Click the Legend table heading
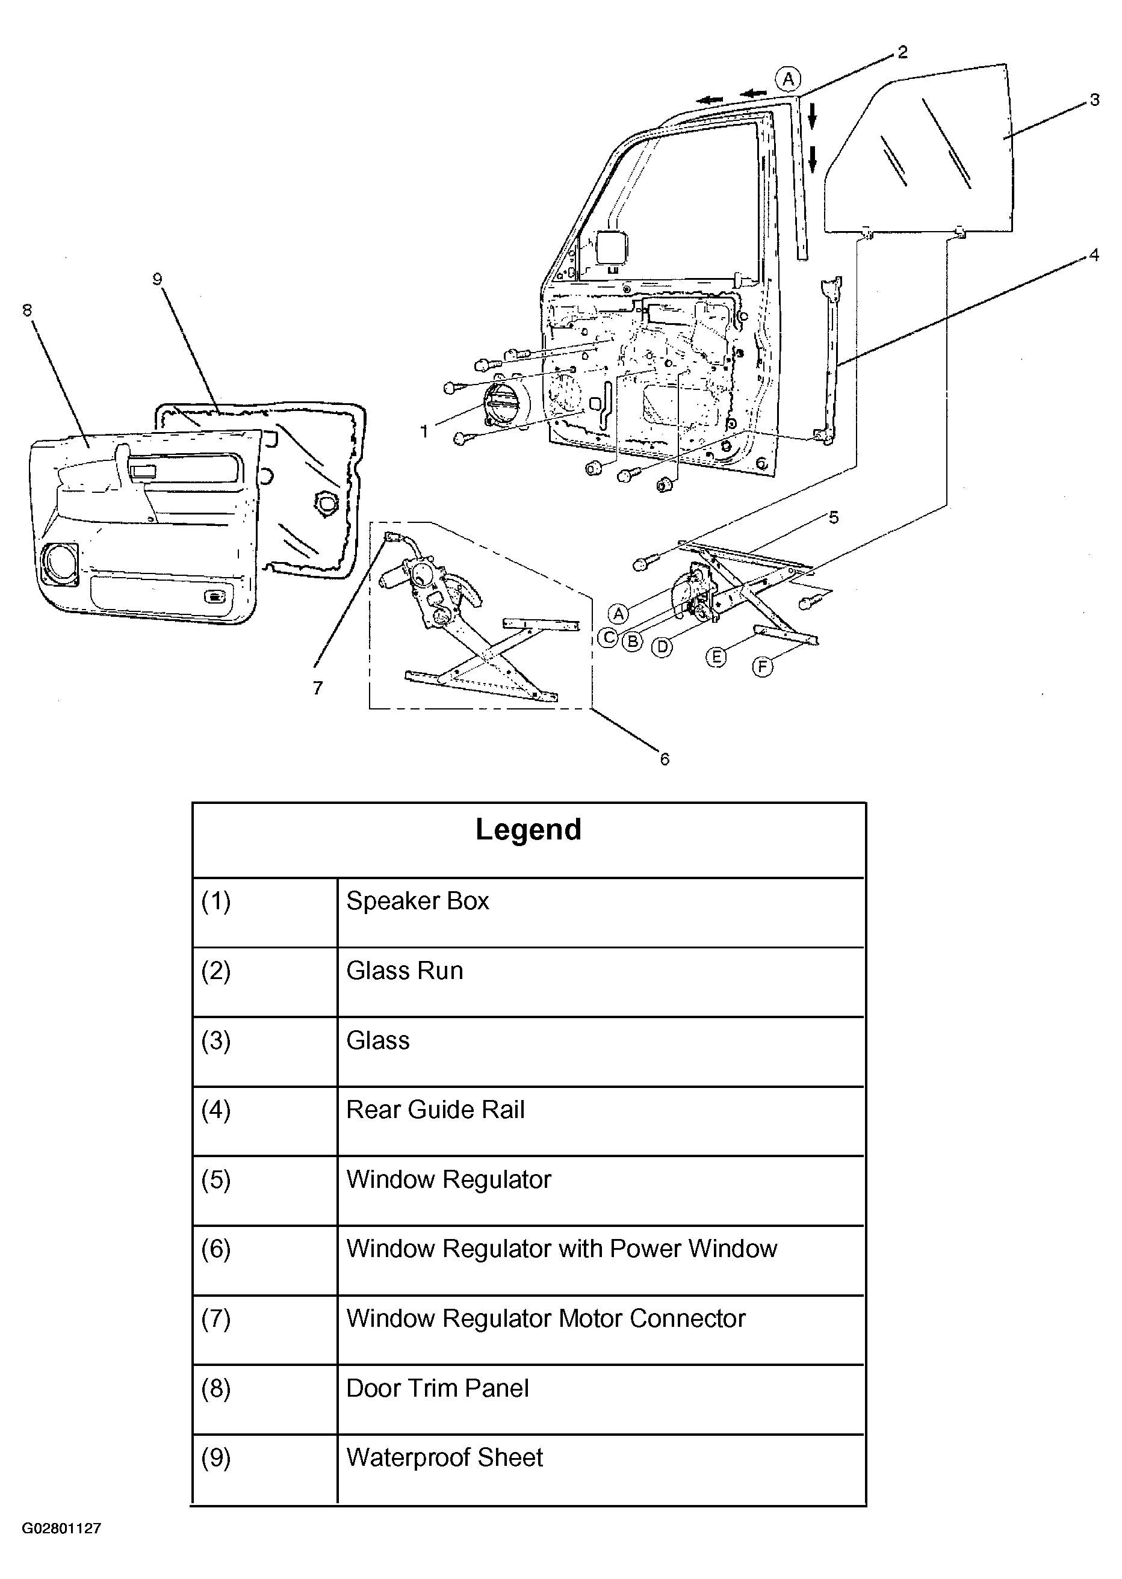(528, 830)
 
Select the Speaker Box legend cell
(417, 901)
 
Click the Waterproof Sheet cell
(444, 1457)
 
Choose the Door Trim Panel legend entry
(438, 1388)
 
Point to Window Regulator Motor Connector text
(546, 1318)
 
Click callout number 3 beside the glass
(1094, 100)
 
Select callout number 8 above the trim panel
(27, 310)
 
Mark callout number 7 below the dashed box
(317, 688)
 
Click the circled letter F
(762, 667)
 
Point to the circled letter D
(662, 647)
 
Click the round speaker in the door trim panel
(60, 564)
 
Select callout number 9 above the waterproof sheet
(158, 279)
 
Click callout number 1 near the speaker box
(424, 431)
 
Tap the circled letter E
(716, 657)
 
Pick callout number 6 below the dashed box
(665, 760)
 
